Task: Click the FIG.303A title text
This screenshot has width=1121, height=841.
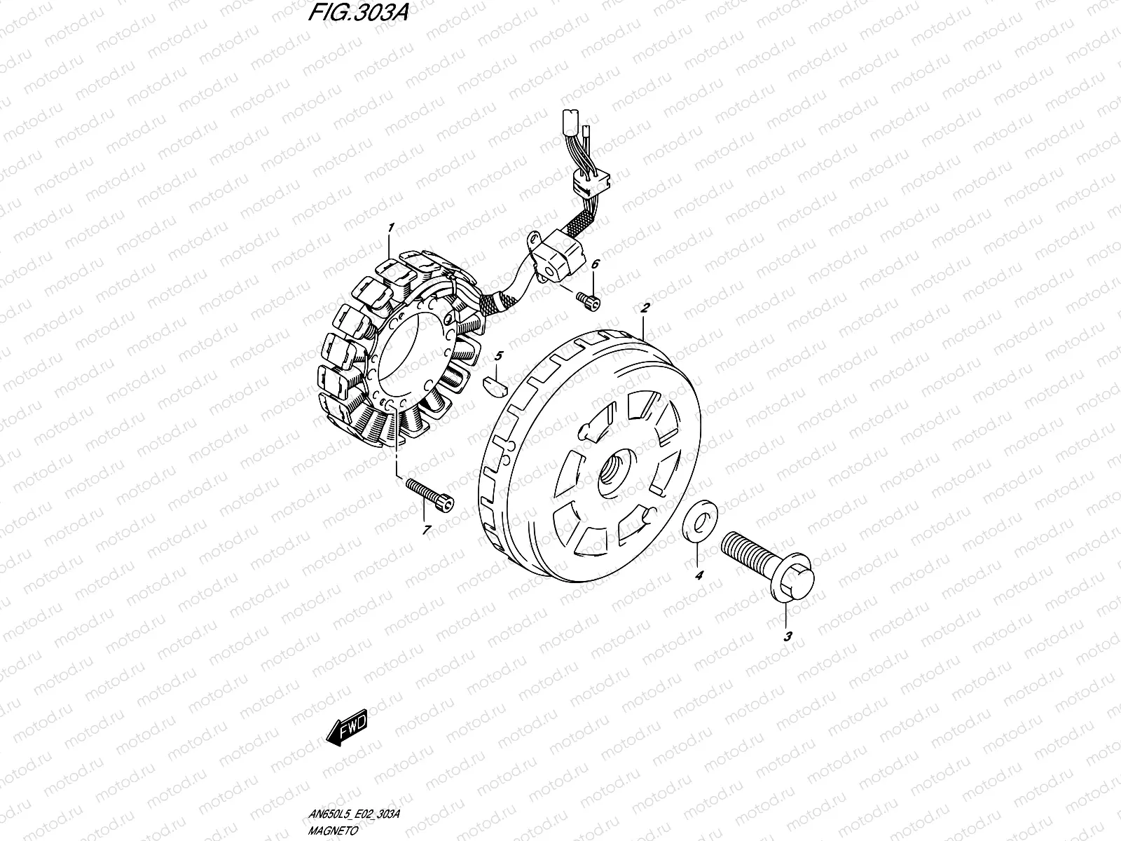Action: [358, 13]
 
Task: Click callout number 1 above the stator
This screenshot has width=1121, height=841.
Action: [391, 228]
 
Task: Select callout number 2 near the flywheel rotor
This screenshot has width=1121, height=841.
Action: [645, 308]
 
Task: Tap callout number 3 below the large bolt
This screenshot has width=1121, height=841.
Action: [788, 637]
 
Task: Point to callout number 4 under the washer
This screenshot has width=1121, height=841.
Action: [699, 575]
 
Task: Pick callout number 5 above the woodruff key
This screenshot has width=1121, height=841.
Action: [499, 356]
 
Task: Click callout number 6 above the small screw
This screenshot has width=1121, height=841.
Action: [595, 264]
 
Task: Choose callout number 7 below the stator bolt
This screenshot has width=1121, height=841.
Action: [427, 530]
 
